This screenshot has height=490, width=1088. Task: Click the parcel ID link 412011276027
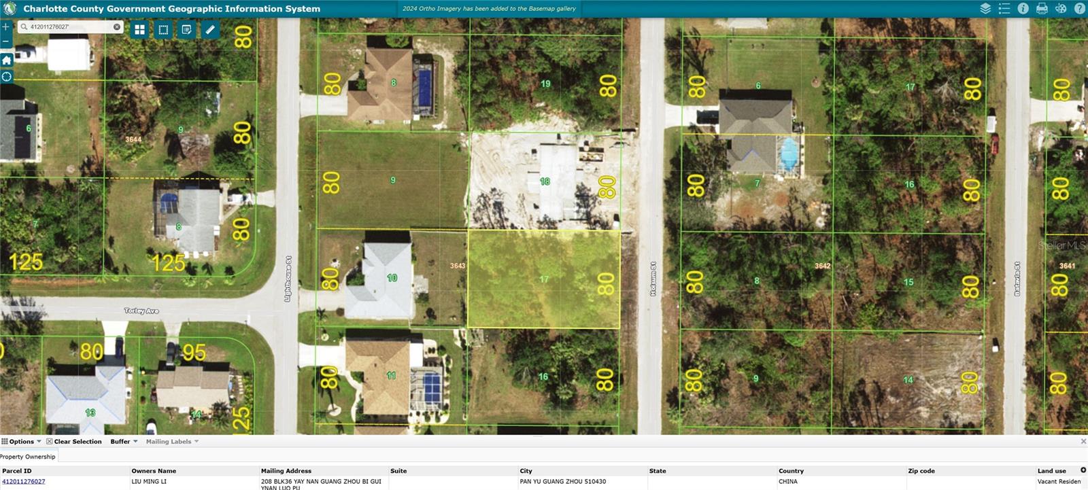(x=24, y=482)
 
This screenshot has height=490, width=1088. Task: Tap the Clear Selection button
(x=74, y=442)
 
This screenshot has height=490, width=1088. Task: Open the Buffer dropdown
(x=124, y=442)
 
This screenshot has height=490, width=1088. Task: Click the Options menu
(x=21, y=442)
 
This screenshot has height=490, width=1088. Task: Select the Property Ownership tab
(x=28, y=457)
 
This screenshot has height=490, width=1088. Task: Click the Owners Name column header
(x=154, y=471)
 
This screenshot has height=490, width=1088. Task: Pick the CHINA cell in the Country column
(x=788, y=482)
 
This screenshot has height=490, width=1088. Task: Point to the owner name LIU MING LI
(x=149, y=482)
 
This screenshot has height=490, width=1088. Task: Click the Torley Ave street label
(x=141, y=311)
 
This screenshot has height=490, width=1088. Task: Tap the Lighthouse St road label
(x=288, y=279)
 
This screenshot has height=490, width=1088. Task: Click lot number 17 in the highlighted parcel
(x=544, y=279)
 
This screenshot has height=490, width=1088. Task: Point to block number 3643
(x=458, y=266)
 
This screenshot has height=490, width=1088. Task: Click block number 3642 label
(x=823, y=266)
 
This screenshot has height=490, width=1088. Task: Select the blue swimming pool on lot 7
(x=789, y=154)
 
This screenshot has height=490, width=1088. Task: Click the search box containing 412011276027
(x=68, y=27)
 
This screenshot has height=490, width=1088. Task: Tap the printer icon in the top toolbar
(x=1042, y=9)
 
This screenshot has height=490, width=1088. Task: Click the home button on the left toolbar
(x=7, y=60)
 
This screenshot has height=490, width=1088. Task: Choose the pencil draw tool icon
(x=210, y=30)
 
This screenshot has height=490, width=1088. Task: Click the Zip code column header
(x=921, y=471)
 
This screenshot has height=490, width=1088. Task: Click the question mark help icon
(x=1079, y=9)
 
